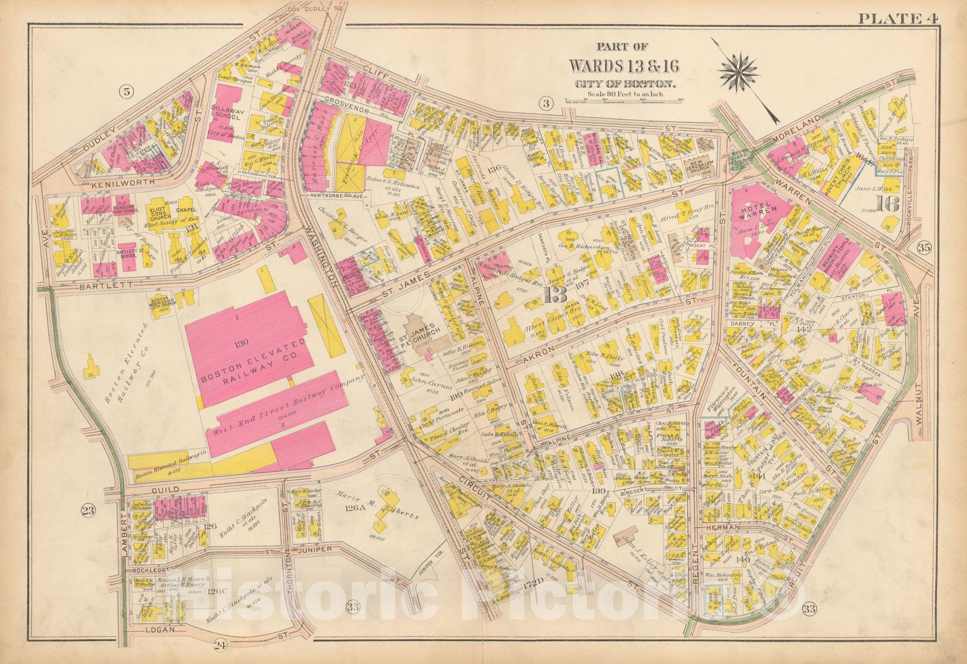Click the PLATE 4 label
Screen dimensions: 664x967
[x=897, y=18]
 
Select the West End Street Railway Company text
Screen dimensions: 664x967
[x=287, y=408]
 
